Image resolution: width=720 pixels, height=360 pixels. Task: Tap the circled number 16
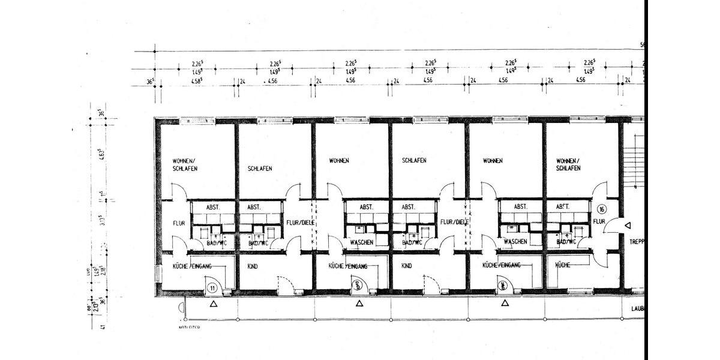(602, 209)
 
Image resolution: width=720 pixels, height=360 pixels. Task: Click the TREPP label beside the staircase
(635, 242)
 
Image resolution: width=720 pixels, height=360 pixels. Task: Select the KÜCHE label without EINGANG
(562, 265)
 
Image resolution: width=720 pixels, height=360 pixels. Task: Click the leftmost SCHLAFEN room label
(260, 169)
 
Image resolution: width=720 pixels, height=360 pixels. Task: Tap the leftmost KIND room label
(253, 266)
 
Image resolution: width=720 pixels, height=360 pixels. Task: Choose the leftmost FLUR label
(178, 223)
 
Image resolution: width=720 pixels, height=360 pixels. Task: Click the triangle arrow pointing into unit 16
(627, 226)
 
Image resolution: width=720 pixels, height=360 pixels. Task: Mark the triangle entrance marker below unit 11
(213, 304)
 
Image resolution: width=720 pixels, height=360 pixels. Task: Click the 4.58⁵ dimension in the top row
(196, 80)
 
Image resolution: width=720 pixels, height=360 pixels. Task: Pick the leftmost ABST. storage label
(212, 207)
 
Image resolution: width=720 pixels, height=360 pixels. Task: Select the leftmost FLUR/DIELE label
(299, 222)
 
